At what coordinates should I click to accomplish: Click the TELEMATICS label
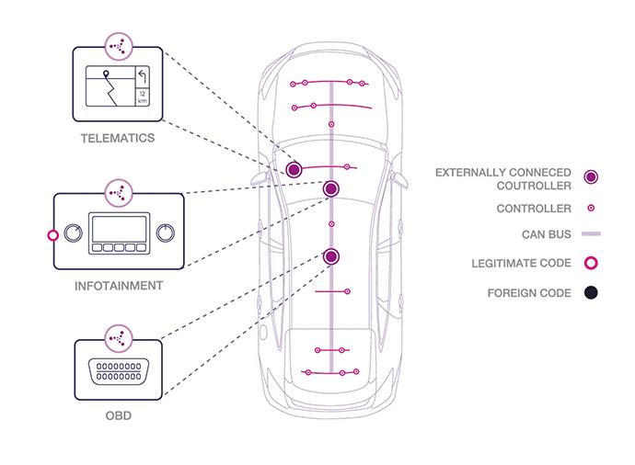click(116, 139)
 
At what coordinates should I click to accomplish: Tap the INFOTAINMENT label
click(119, 286)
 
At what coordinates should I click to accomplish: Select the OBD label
click(117, 416)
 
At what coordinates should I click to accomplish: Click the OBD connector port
click(117, 370)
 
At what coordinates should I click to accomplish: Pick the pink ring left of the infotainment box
click(52, 235)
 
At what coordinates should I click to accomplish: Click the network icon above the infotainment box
click(117, 192)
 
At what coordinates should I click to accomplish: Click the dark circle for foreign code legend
click(592, 294)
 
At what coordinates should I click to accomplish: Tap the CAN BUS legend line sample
click(592, 234)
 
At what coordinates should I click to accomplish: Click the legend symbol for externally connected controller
click(592, 176)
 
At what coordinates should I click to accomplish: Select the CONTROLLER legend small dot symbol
click(592, 209)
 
